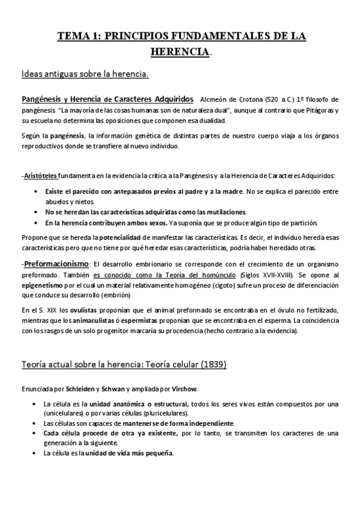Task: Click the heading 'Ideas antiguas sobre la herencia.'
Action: tap(84, 75)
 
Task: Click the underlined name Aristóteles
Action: tap(40, 176)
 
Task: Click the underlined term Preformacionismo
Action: tap(56, 264)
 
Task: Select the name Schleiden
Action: tap(84, 388)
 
